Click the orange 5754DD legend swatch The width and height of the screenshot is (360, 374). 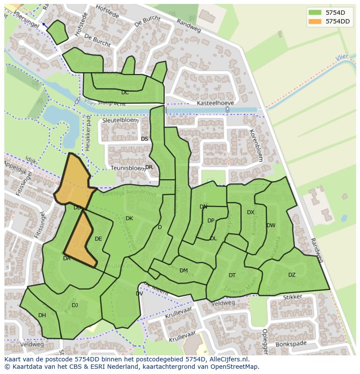point(316,21)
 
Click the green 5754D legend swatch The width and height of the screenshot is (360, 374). point(316,12)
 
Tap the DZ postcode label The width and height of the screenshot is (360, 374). point(292,275)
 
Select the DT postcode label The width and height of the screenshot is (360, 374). point(232,275)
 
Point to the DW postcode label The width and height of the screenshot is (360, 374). point(271,225)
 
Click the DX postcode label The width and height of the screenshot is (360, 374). point(250,212)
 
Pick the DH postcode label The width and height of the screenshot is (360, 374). point(42,315)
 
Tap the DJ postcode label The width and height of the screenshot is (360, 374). point(75,305)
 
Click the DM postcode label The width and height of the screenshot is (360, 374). point(183,271)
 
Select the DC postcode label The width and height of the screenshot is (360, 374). point(125,93)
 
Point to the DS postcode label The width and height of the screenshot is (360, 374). point(144,139)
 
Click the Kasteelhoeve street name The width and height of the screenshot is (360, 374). point(215,103)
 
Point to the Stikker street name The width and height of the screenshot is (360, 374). point(292,298)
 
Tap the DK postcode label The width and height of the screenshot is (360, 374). point(129,218)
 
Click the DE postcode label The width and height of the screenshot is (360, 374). point(98,239)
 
